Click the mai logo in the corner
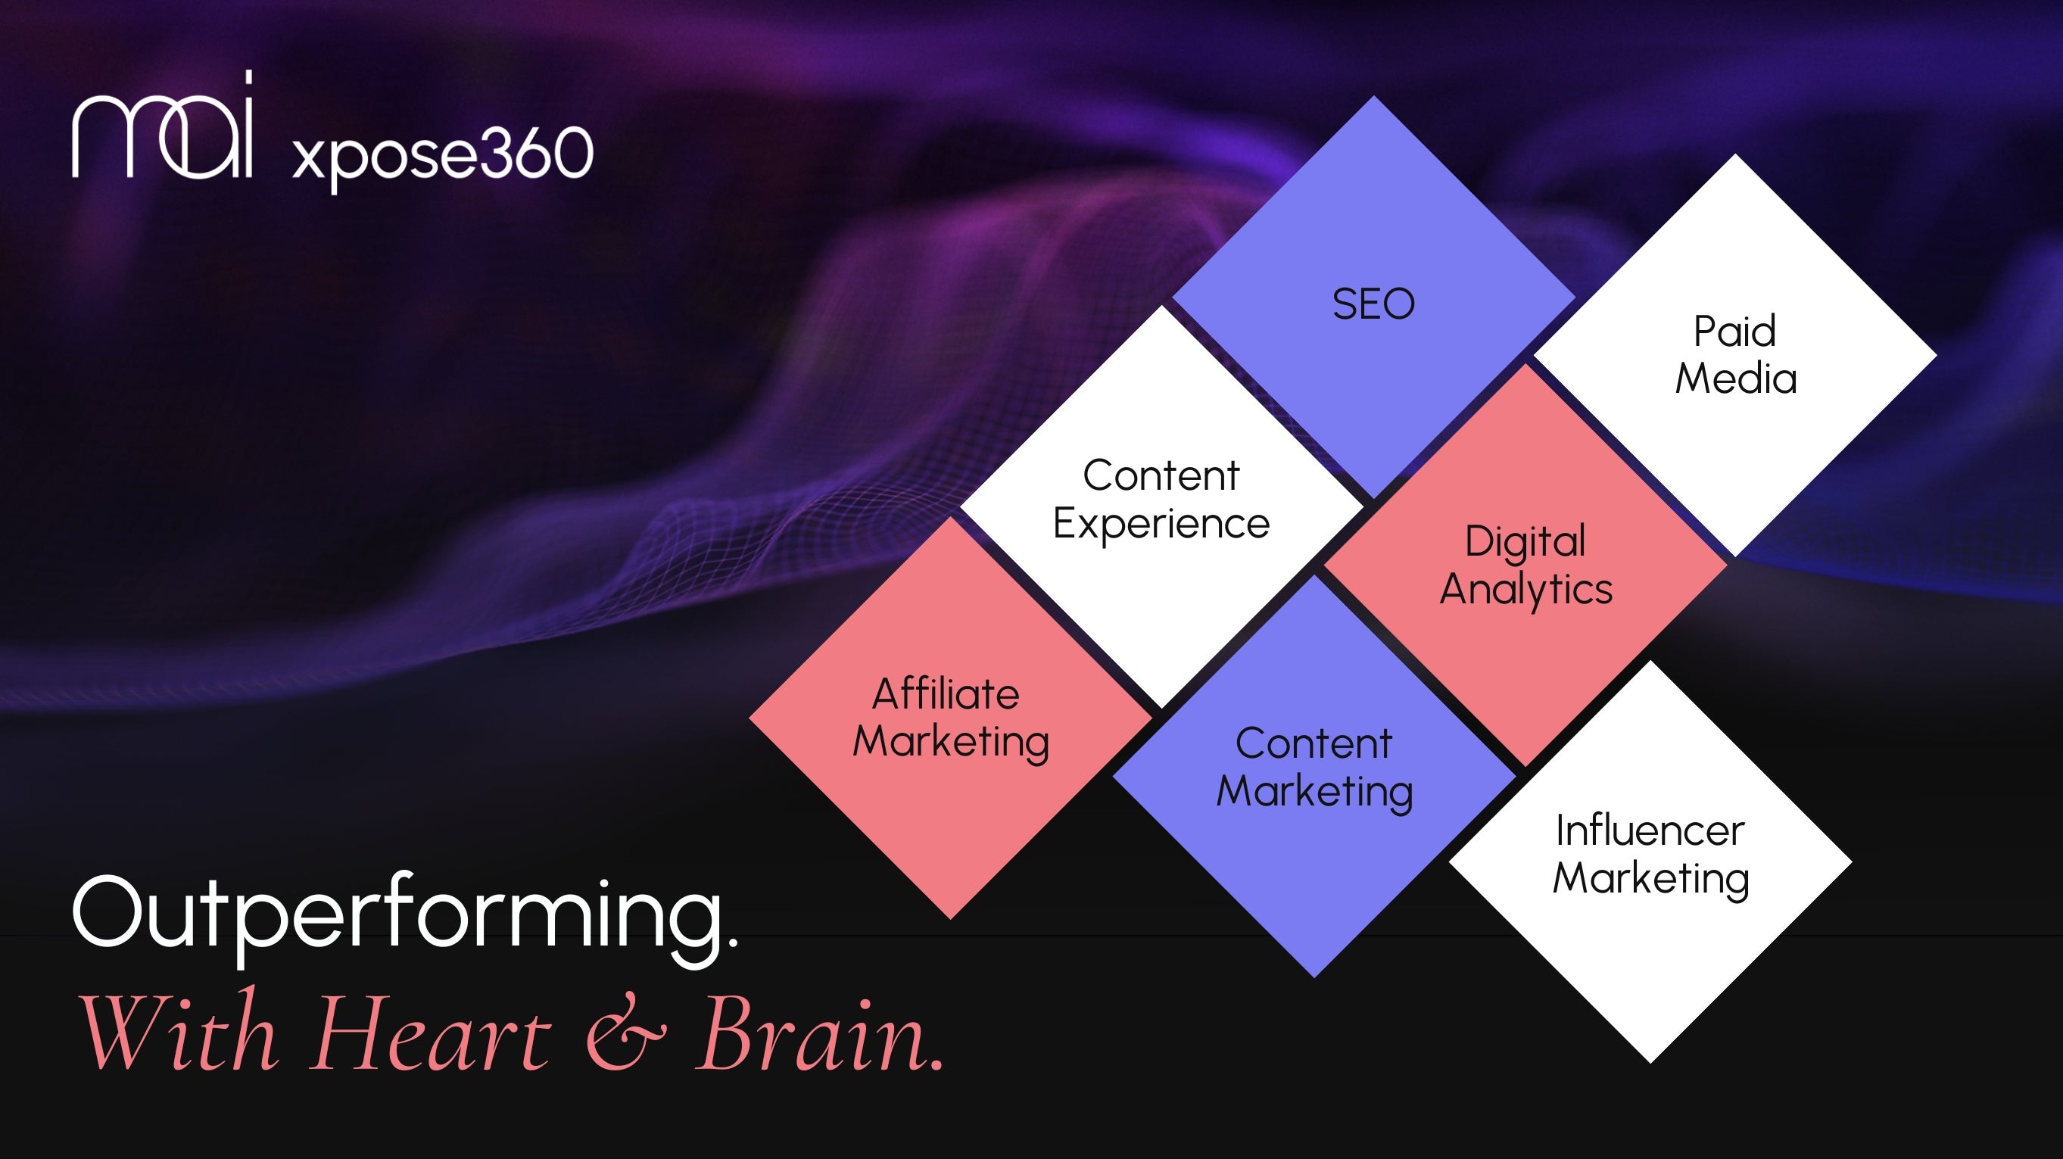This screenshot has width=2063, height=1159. [163, 124]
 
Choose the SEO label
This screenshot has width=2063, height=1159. [1373, 304]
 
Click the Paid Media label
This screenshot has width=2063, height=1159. [1735, 355]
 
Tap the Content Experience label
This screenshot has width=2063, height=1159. [1161, 500]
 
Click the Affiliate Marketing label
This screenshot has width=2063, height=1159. [951, 718]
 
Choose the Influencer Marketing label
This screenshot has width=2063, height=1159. [1650, 855]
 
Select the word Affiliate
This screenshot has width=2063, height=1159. [946, 693]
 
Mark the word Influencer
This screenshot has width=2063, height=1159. [1650, 830]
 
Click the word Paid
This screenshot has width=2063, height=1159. [1734, 331]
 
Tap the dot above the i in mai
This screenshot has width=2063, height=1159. [248, 76]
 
